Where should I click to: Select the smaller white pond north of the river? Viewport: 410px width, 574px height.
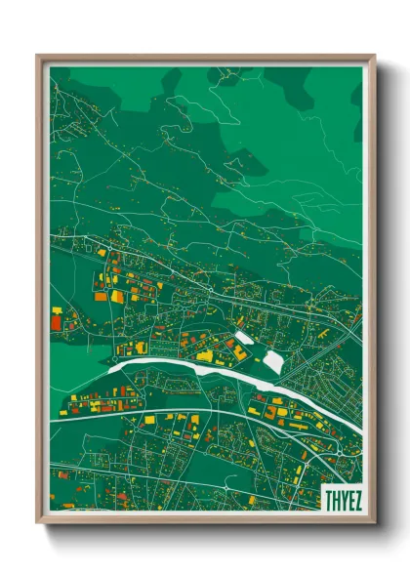pos(243,339)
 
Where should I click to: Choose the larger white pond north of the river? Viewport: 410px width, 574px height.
pos(273,360)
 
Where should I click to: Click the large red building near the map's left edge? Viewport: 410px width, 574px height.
pos(56,319)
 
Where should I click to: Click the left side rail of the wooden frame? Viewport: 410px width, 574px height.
pos(41,293)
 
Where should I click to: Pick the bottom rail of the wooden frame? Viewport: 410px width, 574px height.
pos(205,518)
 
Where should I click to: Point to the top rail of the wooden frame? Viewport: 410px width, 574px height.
pos(205,60)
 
